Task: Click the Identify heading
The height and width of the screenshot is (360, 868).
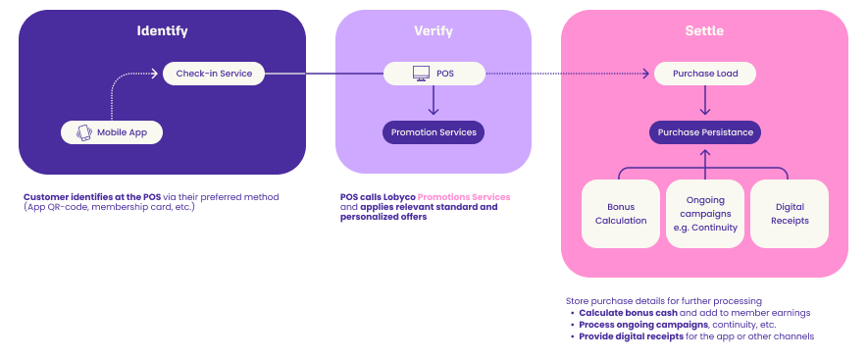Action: pyautogui.click(x=162, y=31)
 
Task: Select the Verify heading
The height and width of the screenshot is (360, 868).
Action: pyautogui.click(x=434, y=31)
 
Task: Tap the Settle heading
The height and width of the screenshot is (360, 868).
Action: pyautogui.click(x=704, y=31)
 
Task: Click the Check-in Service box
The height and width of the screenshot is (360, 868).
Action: pyautogui.click(x=214, y=74)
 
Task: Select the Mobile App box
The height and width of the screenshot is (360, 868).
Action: pyautogui.click(x=112, y=132)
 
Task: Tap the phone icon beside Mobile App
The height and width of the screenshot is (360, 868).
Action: pyautogui.click(x=84, y=132)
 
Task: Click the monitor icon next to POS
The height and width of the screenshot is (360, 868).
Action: pyautogui.click(x=422, y=74)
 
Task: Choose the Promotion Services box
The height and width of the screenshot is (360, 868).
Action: pyautogui.click(x=434, y=132)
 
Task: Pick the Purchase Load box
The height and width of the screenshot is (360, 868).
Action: pyautogui.click(x=705, y=74)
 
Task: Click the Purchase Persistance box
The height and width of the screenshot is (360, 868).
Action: pyautogui.click(x=705, y=132)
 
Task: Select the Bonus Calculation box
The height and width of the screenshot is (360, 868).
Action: pyautogui.click(x=621, y=214)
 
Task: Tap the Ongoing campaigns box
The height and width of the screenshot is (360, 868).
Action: pyautogui.click(x=705, y=214)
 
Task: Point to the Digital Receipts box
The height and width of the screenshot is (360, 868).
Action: pyautogui.click(x=790, y=214)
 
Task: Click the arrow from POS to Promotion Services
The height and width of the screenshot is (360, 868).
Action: pyautogui.click(x=434, y=100)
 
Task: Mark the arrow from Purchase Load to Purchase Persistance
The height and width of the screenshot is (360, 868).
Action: pyautogui.click(x=705, y=100)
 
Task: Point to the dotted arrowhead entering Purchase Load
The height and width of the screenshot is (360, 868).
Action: pyautogui.click(x=645, y=74)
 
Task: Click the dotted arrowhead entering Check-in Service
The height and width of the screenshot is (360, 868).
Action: pyautogui.click(x=154, y=74)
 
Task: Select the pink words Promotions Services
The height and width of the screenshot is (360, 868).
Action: pyautogui.click(x=464, y=196)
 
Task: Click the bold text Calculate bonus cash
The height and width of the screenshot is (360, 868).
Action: pyautogui.click(x=629, y=313)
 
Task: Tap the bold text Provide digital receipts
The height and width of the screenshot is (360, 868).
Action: pyautogui.click(x=631, y=336)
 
